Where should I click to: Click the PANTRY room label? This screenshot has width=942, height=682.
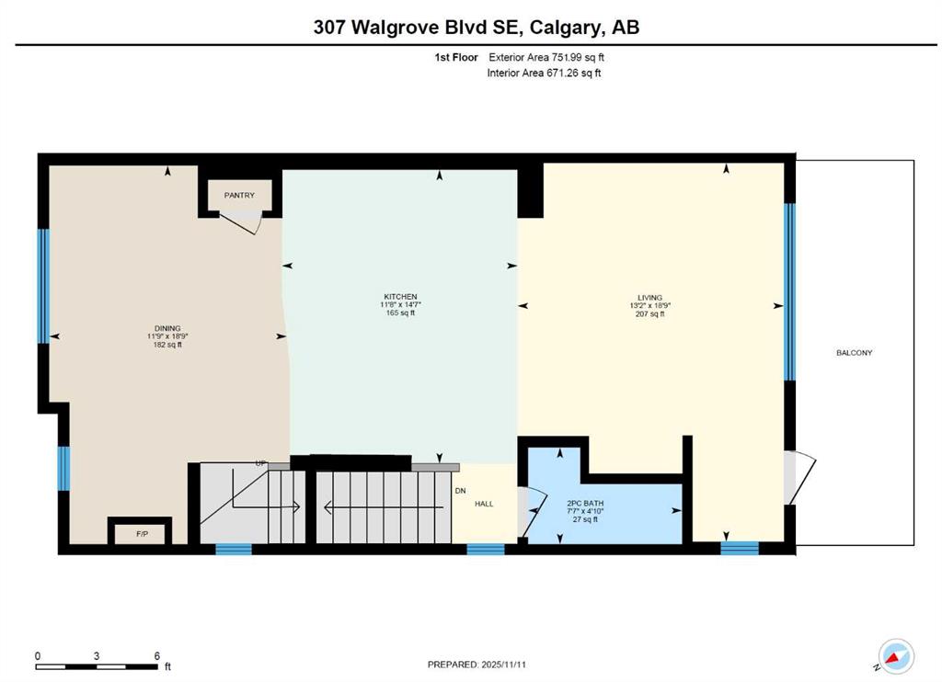[x=239, y=195]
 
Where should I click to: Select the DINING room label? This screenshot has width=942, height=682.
[x=167, y=328]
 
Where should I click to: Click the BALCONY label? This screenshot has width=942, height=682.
[x=854, y=353]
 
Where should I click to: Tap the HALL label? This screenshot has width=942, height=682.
[x=484, y=504]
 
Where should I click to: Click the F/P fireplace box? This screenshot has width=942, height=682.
[x=142, y=532]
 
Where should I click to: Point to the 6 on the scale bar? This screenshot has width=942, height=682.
[x=157, y=656]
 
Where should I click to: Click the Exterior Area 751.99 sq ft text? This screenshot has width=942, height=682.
[x=546, y=57]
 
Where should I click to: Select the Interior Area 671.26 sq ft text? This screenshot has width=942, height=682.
[x=544, y=73]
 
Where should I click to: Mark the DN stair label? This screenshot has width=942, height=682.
[x=460, y=490]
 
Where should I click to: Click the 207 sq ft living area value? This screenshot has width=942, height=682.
[x=647, y=314]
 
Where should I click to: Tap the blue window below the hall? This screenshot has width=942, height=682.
[x=485, y=549]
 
